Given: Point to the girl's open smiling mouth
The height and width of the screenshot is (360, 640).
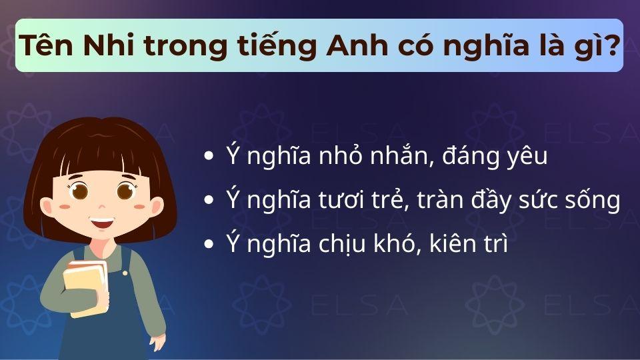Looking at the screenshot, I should click(x=102, y=221).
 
